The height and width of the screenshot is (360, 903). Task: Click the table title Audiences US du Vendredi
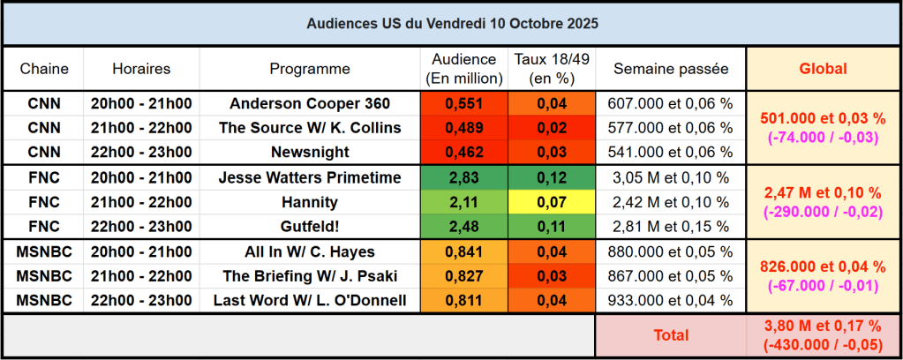click(x=451, y=24)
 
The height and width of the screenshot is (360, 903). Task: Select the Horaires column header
click(x=141, y=69)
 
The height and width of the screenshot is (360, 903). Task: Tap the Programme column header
click(x=310, y=69)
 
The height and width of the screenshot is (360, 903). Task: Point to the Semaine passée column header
click(x=671, y=69)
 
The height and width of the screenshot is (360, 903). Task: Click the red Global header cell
click(x=823, y=69)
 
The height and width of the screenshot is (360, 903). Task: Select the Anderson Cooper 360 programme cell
click(x=310, y=103)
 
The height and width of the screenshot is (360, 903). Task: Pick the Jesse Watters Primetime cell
click(x=310, y=177)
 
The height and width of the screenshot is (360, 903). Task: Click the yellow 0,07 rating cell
click(x=552, y=202)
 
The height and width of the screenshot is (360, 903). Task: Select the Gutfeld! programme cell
click(x=310, y=227)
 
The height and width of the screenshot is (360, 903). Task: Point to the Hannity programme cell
click(x=310, y=202)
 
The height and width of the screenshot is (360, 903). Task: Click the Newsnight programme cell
click(x=310, y=152)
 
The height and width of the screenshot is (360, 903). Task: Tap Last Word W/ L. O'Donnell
click(x=310, y=301)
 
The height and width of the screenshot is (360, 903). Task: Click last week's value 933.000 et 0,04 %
click(x=671, y=301)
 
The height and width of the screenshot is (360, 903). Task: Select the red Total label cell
click(x=671, y=335)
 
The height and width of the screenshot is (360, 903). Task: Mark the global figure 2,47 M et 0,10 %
click(x=823, y=192)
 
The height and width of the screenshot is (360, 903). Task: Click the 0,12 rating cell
click(x=552, y=177)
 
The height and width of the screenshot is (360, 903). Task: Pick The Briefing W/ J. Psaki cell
click(x=310, y=276)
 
